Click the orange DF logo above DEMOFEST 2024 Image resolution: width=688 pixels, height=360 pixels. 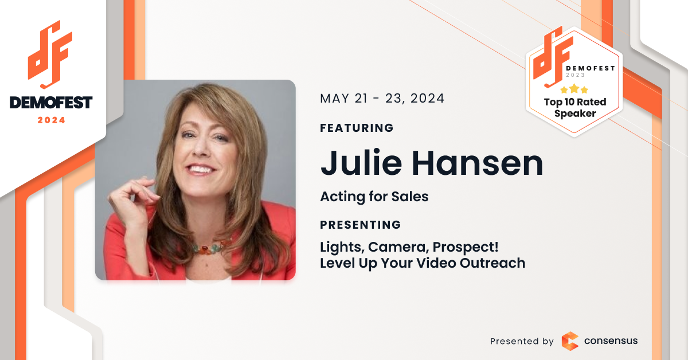click(50, 54)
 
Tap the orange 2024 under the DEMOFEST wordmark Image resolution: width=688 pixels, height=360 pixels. click(51, 120)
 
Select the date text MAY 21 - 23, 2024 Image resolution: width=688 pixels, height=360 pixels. click(382, 99)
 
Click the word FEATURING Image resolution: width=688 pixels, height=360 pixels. click(357, 128)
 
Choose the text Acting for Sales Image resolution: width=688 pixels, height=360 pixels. click(374, 197)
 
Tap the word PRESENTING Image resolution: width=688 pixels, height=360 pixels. click(360, 225)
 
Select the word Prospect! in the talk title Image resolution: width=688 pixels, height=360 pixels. click(466, 248)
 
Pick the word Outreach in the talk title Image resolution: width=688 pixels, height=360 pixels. click(492, 263)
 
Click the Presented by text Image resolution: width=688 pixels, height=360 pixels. click(522, 341)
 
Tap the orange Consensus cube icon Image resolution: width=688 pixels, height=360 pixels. click(570, 341)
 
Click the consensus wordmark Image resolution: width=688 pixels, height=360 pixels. click(611, 341)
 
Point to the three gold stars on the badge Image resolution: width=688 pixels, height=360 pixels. click(574, 89)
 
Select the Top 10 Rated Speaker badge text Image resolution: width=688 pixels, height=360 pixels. click(575, 108)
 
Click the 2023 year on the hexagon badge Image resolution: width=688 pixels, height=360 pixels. click(575, 75)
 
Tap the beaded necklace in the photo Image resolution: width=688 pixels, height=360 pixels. click(210, 247)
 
